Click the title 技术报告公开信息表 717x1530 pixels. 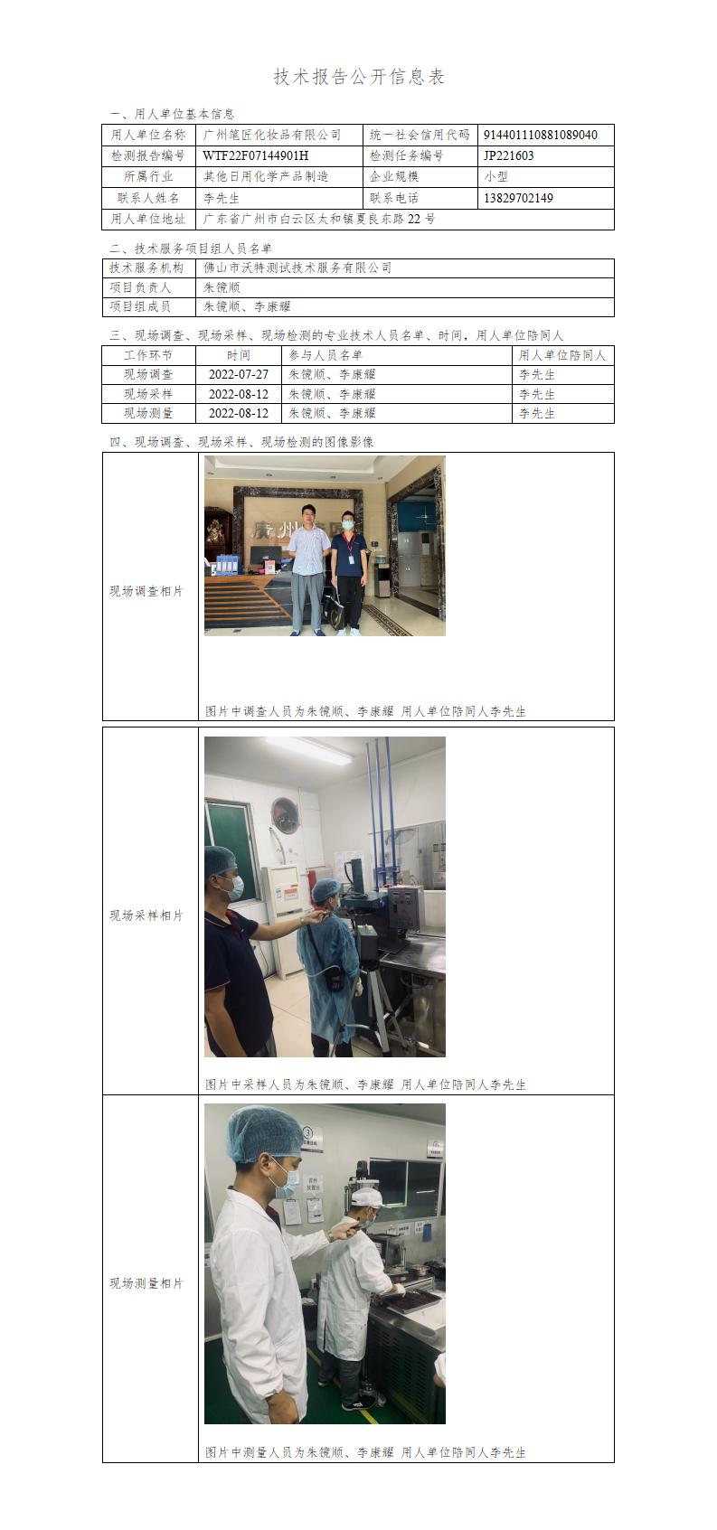coord(359,77)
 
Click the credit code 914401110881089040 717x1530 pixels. coord(540,135)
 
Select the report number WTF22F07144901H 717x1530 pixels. coord(256,155)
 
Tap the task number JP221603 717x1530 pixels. coord(508,155)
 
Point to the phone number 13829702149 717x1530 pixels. coord(518,198)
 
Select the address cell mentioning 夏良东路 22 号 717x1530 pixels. coord(319,220)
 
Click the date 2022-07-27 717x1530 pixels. coord(239,374)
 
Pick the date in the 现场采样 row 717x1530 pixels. coord(239,394)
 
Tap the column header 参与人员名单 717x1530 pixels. coord(325,355)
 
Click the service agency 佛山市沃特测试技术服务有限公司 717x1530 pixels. coord(297,268)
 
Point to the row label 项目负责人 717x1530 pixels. coord(140,287)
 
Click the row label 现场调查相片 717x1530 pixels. coord(146,591)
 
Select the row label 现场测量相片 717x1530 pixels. coord(146,1283)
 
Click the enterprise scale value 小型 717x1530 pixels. coord(495,176)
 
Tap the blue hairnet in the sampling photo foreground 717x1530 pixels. coord(220,861)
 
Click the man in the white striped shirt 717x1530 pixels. coord(308,569)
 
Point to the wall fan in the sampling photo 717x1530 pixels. coord(286,815)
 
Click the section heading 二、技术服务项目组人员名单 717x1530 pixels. coord(191,249)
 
